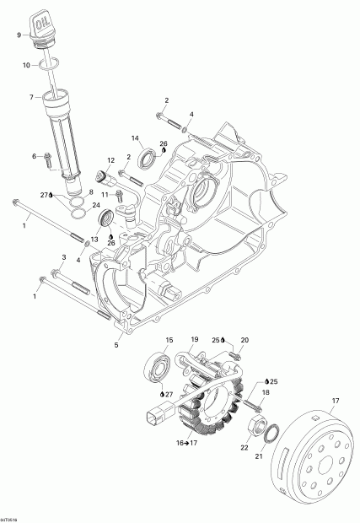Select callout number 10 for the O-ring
25,65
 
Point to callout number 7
31,98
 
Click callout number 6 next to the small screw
35,156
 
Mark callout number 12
110,160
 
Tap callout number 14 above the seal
134,137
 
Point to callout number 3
62,256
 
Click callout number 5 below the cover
116,345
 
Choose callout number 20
222,340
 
